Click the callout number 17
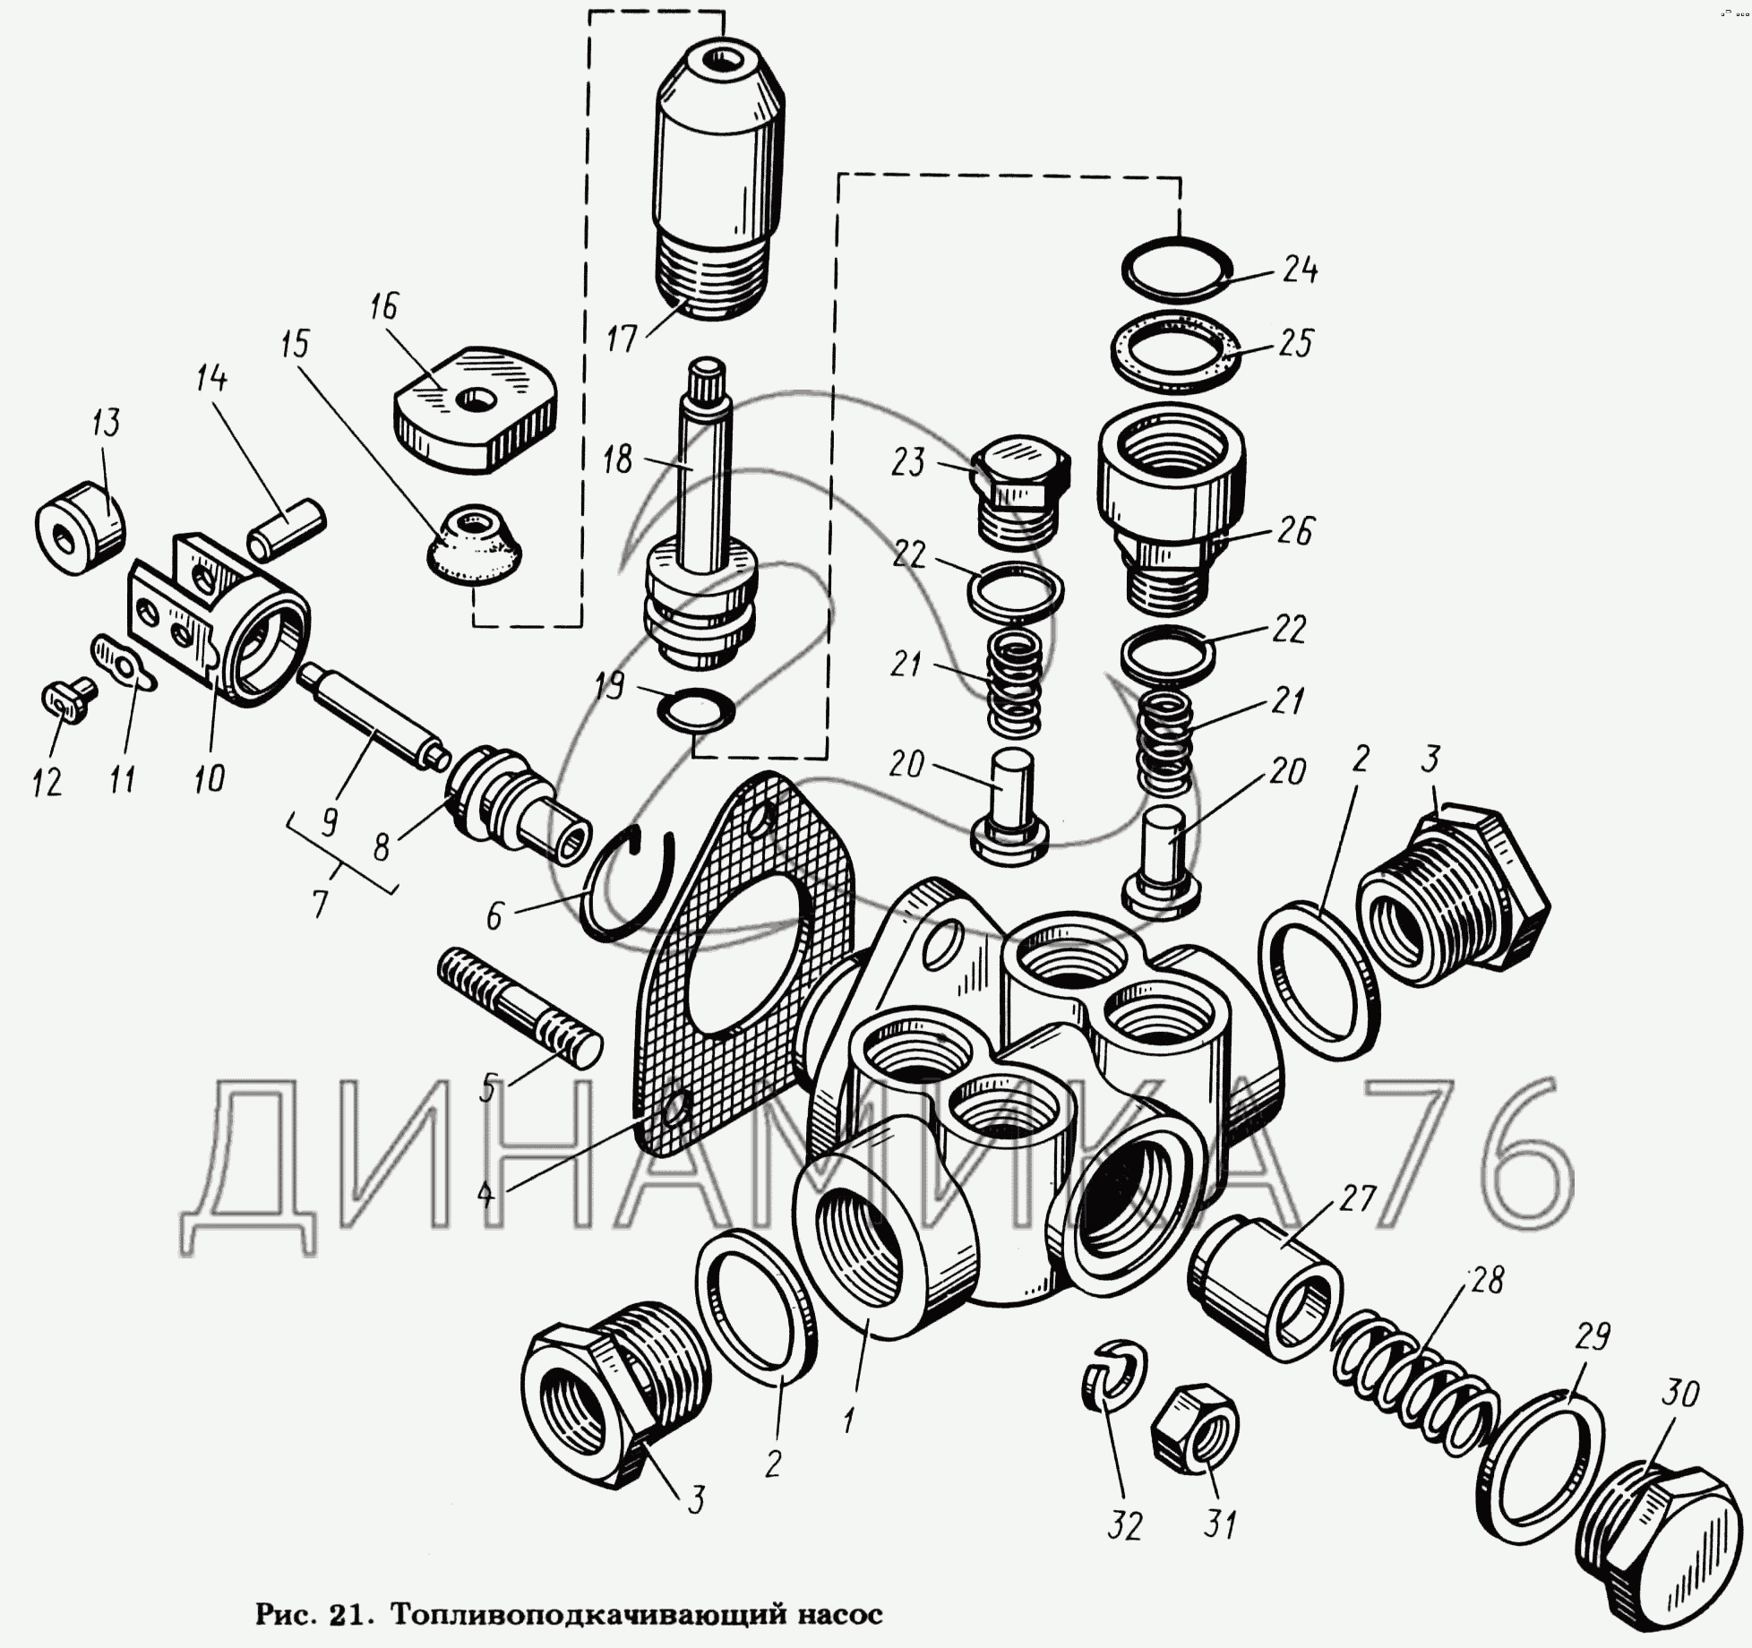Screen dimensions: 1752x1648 (621, 339)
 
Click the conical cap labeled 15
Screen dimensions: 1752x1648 (475, 544)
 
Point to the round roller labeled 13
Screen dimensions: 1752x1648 (80, 527)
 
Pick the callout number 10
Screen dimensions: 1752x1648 (209, 778)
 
